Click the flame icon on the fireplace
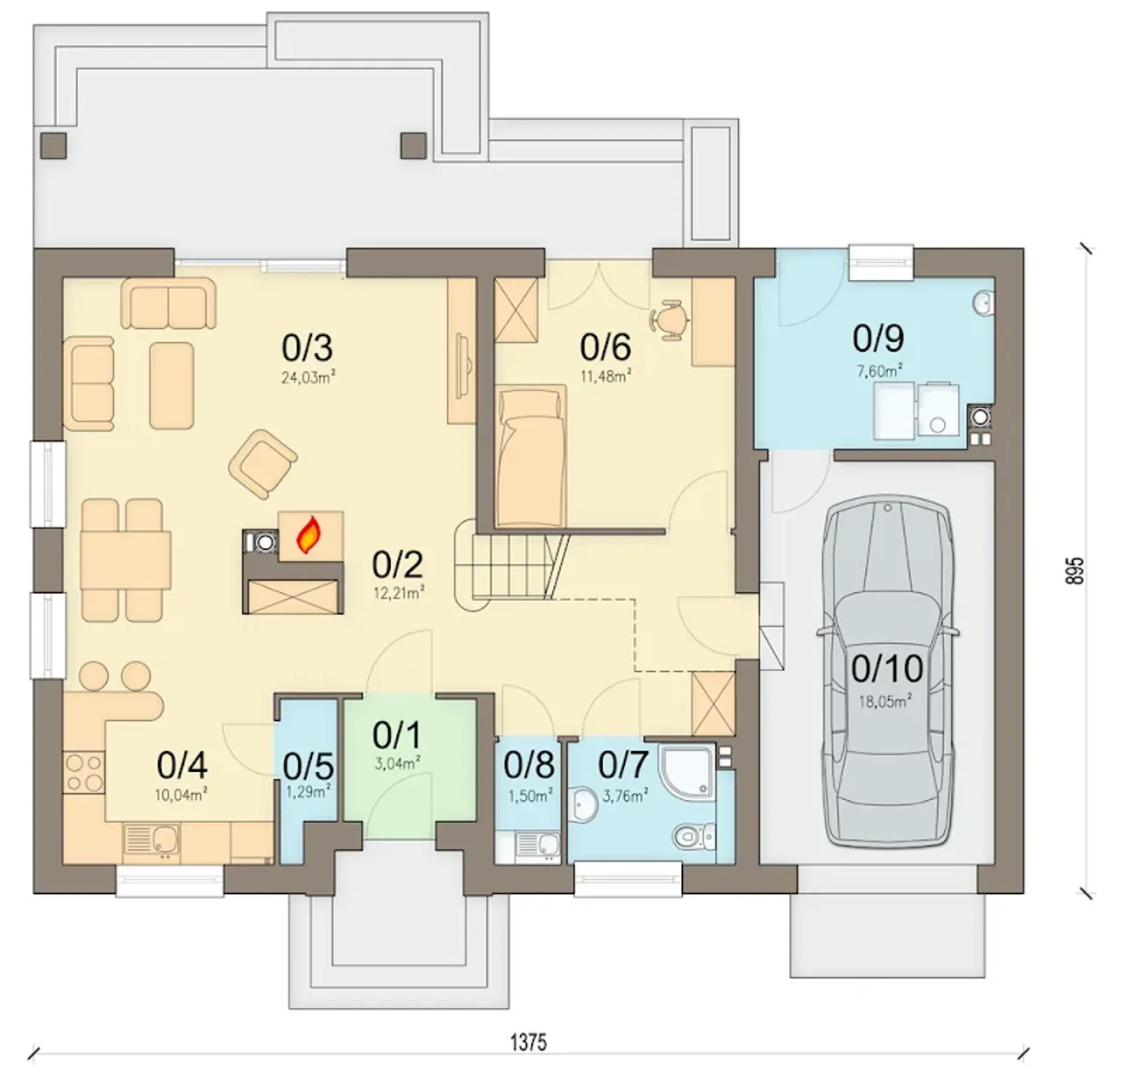(309, 535)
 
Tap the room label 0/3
(308, 348)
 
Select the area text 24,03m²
(309, 378)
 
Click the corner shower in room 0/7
(687, 772)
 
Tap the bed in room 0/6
(530, 456)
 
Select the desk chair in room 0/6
(669, 319)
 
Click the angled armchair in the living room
(263, 464)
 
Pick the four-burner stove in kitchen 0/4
(84, 773)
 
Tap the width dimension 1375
(528, 1043)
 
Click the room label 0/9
(878, 339)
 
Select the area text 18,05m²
(885, 702)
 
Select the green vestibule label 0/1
(397, 736)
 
